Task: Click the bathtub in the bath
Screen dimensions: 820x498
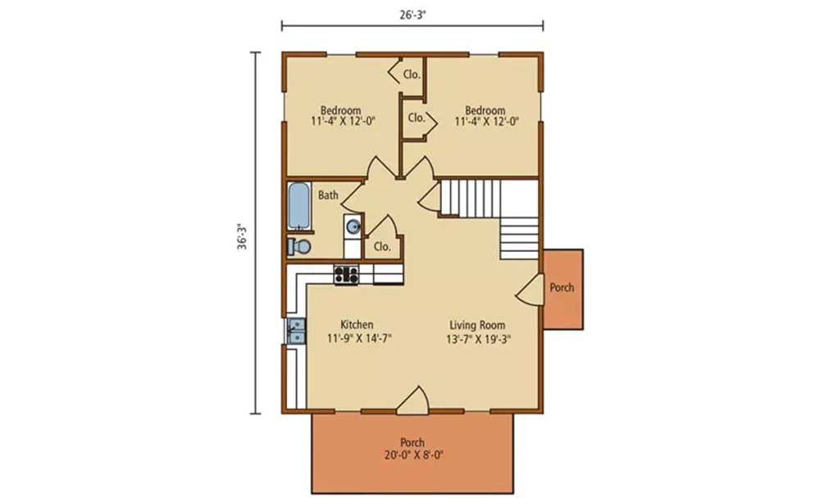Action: (299, 205)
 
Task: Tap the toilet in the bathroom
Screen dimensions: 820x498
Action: (299, 246)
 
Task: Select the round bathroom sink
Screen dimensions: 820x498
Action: (353, 226)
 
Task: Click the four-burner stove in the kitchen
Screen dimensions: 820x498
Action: (346, 274)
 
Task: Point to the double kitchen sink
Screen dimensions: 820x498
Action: (297, 331)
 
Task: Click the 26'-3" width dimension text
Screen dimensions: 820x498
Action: (413, 15)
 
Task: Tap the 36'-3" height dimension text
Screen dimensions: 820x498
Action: (242, 237)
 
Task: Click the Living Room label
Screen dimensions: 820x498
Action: (477, 326)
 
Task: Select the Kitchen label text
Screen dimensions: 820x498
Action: (358, 324)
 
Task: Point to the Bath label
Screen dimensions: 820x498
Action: (329, 195)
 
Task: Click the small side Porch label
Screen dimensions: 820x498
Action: (562, 287)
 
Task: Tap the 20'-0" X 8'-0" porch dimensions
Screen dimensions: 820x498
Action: (413, 455)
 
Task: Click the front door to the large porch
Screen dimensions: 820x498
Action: (413, 402)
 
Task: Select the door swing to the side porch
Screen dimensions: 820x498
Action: (529, 288)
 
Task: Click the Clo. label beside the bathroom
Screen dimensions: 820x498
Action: (382, 246)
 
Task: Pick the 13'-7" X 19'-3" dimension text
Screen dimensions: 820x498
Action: (478, 339)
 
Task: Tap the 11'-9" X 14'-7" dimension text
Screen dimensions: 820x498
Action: (359, 338)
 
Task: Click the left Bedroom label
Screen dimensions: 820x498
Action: (341, 111)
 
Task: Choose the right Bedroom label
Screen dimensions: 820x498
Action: (485, 111)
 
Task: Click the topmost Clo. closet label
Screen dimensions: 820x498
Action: (412, 75)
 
